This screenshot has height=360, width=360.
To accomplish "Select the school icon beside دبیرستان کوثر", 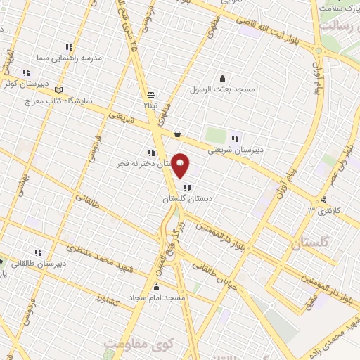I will (x=26, y=72).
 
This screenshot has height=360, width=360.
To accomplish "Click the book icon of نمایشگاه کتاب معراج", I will (x=58, y=90).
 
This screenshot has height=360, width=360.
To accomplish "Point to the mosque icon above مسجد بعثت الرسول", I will (x=223, y=78).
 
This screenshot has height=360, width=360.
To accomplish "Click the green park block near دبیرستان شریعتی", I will (x=215, y=135).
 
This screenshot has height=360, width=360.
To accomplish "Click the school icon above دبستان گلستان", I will (x=186, y=188).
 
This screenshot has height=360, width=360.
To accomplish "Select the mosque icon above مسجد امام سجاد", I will (x=156, y=288).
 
